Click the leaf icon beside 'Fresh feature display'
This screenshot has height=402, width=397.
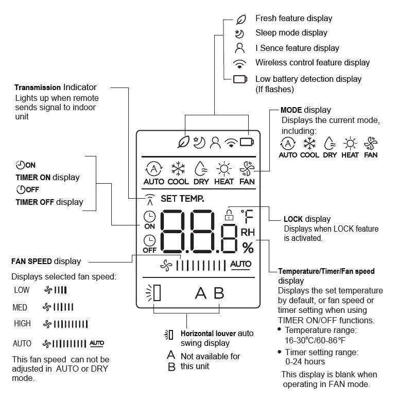240,19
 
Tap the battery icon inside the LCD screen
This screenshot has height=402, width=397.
247,142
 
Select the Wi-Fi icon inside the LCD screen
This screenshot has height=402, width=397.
231,142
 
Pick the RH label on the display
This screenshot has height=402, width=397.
248,232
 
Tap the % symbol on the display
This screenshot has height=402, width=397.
248,248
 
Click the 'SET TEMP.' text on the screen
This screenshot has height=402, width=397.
182,198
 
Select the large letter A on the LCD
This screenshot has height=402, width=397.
200,293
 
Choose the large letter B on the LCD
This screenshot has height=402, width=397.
219,293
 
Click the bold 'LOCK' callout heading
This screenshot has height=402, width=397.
293,219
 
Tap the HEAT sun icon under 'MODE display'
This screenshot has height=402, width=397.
350,144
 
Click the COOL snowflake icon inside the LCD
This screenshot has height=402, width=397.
178,169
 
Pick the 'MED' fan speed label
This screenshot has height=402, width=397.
20,307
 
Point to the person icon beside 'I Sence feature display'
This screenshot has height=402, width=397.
239,48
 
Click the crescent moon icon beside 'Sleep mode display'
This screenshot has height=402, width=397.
239,33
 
